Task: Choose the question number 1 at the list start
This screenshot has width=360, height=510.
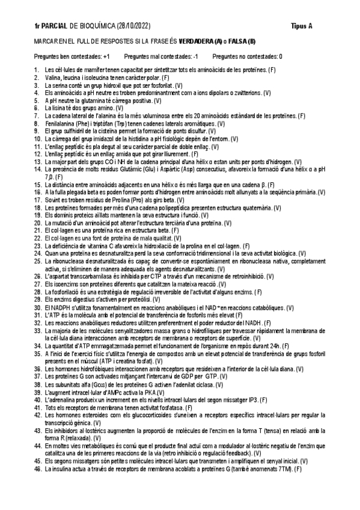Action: [37, 70]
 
